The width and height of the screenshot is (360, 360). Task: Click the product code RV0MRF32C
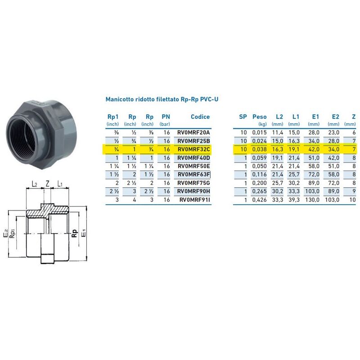tap(193, 149)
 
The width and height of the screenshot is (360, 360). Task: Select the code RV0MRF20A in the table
tap(193, 133)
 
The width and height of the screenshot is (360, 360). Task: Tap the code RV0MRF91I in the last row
tap(194, 199)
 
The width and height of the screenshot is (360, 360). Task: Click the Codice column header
tap(200, 117)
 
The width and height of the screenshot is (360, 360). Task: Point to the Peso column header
tap(259, 117)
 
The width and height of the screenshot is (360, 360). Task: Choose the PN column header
tap(166, 117)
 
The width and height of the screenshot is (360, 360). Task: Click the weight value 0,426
tap(259, 199)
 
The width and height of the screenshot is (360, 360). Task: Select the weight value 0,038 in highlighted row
tap(259, 149)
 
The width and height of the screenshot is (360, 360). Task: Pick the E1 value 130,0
tap(314, 199)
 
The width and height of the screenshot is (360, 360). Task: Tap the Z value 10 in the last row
tap(353, 199)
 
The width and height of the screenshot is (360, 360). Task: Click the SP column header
tap(243, 117)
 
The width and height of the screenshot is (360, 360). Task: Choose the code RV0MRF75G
tap(193, 183)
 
